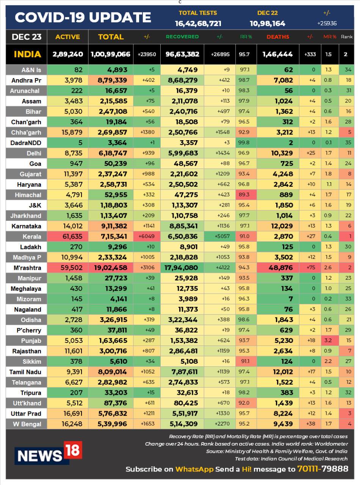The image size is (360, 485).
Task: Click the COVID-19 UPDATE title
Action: pyautogui.click(x=83, y=17)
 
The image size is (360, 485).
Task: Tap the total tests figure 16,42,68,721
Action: pyautogui.click(x=198, y=23)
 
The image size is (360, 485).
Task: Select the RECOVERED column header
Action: pyautogui.click(x=182, y=37)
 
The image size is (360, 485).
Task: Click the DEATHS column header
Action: pyautogui.click(x=278, y=37)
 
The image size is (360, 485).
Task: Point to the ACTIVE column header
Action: pyautogui.click(x=67, y=37)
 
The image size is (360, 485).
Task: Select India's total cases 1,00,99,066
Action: pyautogui.click(x=110, y=54)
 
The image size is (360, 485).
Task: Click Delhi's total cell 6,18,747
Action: pyautogui.click(x=113, y=153)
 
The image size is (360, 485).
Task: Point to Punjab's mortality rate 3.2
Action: pyautogui.click(x=328, y=341)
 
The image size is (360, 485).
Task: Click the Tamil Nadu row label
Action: pyautogui.click(x=25, y=372)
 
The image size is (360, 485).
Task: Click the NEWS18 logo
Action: pyautogui.click(x=48, y=453)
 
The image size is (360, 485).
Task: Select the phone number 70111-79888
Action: pyautogui.click(x=322, y=469)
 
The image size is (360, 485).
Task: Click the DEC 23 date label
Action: pyautogui.click(x=27, y=37)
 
